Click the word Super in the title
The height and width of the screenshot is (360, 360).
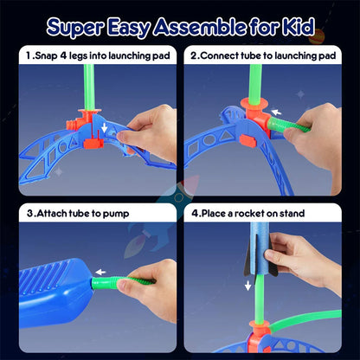coord(74,27)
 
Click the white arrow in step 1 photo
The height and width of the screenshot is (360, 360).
coord(106,129)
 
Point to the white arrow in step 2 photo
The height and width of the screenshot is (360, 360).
coord(276,112)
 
